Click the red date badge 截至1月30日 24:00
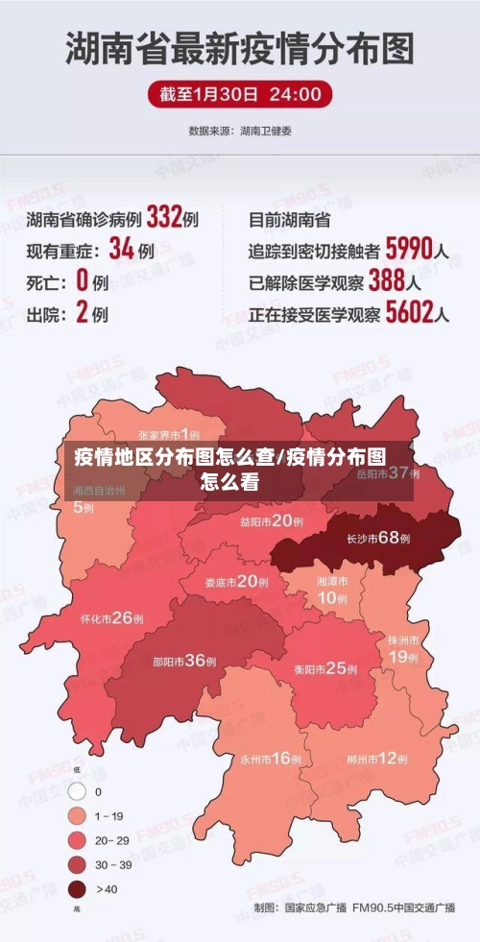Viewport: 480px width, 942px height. pyautogui.click(x=240, y=94)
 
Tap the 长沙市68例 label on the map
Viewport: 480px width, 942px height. pyautogui.click(x=378, y=539)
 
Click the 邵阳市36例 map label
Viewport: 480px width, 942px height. pyautogui.click(x=184, y=660)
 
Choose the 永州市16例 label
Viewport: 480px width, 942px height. pyautogui.click(x=271, y=759)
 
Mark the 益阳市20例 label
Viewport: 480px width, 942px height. pyautogui.click(x=272, y=521)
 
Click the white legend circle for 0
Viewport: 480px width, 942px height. pyautogui.click(x=77, y=792)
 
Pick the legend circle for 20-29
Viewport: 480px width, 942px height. pyautogui.click(x=77, y=839)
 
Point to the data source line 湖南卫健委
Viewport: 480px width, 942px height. pyautogui.click(x=240, y=131)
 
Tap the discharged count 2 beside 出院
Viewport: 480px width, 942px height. pyautogui.click(x=82, y=313)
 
